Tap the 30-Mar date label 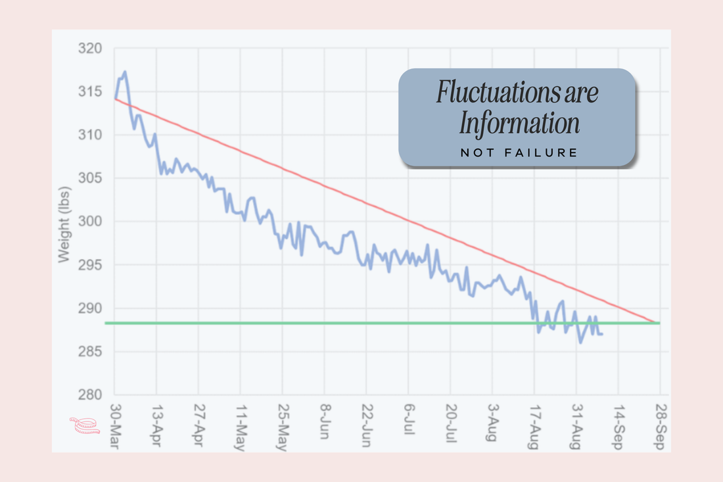coord(114,425)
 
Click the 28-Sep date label coord(659,425)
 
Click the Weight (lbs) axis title coord(64,222)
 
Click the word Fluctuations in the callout coord(488,93)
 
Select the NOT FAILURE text coord(519,153)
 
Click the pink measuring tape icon coord(84,425)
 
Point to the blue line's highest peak coord(124,72)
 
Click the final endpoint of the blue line coord(602,334)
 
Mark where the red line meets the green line coord(653,322)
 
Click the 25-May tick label coord(282,425)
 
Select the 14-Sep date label coord(618,425)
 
